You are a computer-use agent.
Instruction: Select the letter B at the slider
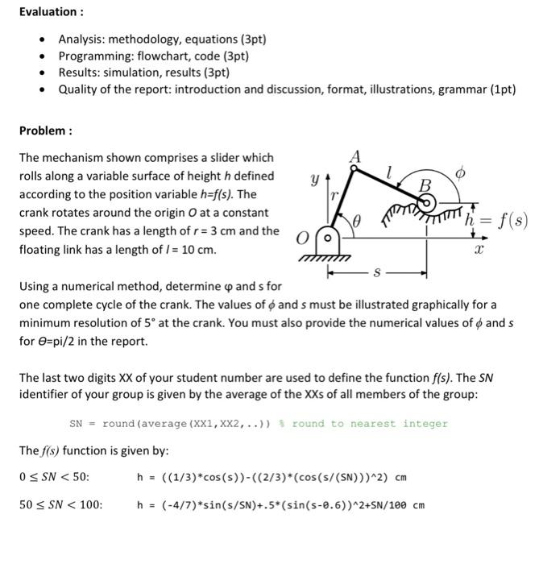(425, 187)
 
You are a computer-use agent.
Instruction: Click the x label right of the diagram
(478, 251)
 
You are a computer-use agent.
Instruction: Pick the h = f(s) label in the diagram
(499, 218)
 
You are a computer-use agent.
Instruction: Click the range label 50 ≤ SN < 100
(60, 505)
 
